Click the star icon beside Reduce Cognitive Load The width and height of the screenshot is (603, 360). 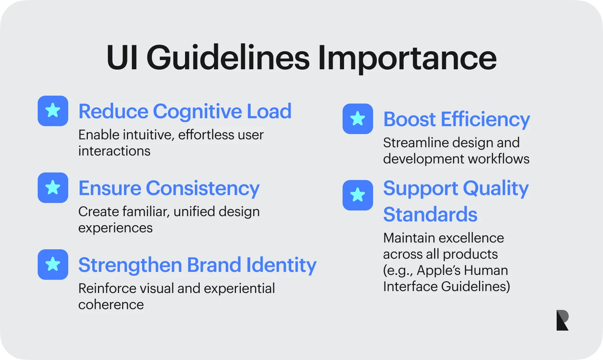pyautogui.click(x=53, y=111)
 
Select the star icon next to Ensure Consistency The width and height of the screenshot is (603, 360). pyautogui.click(x=53, y=188)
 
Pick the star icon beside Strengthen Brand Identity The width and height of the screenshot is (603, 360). pyautogui.click(x=53, y=264)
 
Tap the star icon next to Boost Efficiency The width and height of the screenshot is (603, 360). pyautogui.click(x=358, y=119)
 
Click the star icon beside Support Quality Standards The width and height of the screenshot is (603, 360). pyautogui.click(x=358, y=195)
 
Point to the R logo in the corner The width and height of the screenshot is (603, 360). pyautogui.click(x=562, y=320)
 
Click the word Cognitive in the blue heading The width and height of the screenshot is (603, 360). pyautogui.click(x=197, y=112)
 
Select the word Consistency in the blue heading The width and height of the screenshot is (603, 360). pyautogui.click(x=203, y=189)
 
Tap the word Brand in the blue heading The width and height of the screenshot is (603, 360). pyautogui.click(x=214, y=265)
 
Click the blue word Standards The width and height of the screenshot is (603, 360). pyautogui.click(x=430, y=214)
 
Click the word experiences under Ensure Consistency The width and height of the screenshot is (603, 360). pyautogui.click(x=115, y=229)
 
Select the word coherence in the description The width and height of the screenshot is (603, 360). pyautogui.click(x=111, y=305)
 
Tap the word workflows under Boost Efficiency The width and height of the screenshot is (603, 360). pyautogui.click(x=499, y=159)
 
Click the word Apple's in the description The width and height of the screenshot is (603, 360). pyautogui.click(x=439, y=270)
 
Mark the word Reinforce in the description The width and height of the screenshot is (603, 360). pyautogui.click(x=107, y=288)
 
